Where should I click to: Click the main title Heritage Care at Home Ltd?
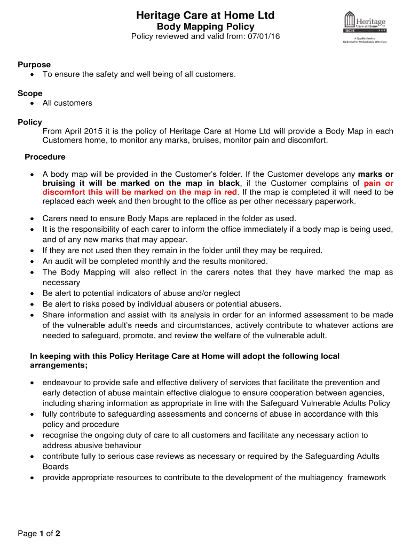205,15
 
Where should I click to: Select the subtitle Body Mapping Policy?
205,27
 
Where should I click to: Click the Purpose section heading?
34,65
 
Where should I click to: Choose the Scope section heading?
30,93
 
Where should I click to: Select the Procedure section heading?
45,157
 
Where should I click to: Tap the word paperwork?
335,201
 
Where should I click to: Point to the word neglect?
226,293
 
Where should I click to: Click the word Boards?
56,466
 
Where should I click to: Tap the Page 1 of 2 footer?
39,533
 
